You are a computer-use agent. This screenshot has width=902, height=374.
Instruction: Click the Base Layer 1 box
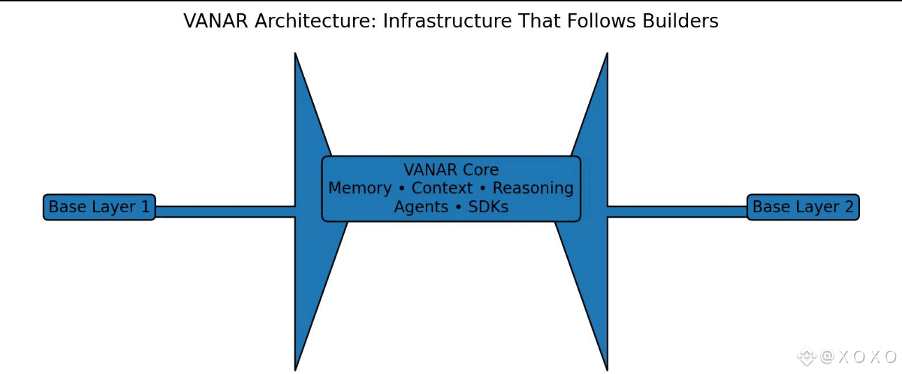99,207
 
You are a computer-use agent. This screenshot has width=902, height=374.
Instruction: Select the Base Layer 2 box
803,207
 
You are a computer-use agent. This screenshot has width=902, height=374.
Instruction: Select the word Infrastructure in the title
438,21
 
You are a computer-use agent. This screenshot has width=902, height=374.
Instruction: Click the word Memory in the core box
359,188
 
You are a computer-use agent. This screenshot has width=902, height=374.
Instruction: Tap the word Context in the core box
442,188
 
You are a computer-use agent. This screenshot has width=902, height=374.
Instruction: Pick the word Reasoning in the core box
533,188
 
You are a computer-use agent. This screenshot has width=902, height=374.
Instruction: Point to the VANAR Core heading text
451,170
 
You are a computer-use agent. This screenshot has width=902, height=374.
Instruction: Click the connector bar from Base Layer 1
224,212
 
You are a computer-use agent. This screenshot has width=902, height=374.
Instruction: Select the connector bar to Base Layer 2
677,212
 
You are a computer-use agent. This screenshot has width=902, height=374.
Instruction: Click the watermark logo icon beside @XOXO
807,356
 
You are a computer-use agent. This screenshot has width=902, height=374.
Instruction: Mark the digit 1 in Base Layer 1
144,207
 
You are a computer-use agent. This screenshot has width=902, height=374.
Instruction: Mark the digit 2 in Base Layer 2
848,207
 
